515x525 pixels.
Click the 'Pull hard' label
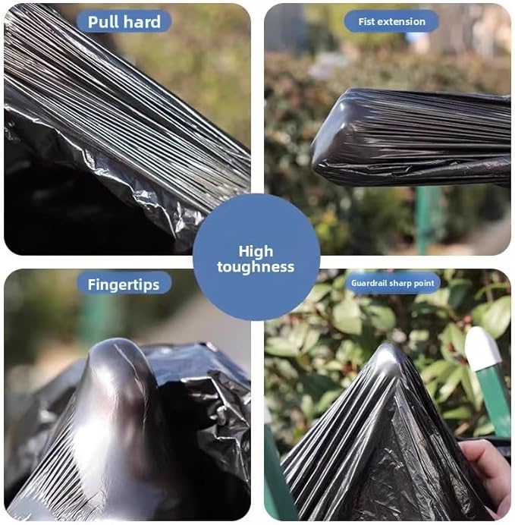[x=124, y=21]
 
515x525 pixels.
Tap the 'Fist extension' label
[x=391, y=21]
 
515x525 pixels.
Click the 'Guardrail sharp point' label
[x=393, y=283]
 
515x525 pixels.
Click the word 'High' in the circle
[x=256, y=251]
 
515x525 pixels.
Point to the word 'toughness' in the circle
[x=256, y=267]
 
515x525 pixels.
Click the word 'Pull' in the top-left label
[x=105, y=21]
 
